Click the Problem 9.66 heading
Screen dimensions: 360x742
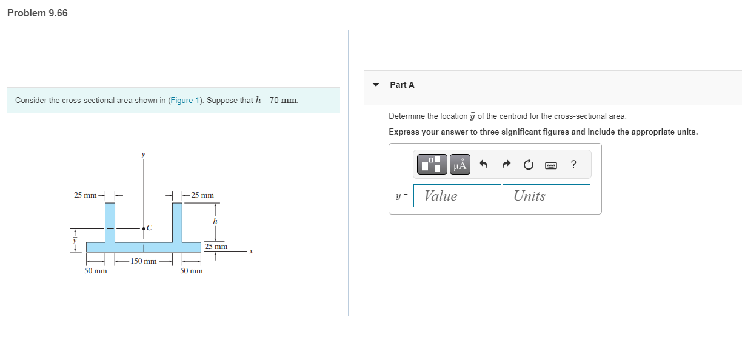point(38,13)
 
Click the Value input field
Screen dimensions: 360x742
point(457,196)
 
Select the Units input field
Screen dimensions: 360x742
point(546,196)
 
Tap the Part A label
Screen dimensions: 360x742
point(402,85)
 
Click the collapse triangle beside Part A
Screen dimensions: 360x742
point(376,85)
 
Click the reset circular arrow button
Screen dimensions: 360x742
point(528,164)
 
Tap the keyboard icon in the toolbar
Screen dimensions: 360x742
point(550,165)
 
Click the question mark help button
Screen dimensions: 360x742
point(573,164)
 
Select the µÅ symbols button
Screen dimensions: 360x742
point(460,164)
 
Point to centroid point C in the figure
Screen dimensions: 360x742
point(144,228)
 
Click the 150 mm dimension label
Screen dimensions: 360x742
point(144,261)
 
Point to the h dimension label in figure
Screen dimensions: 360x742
point(215,221)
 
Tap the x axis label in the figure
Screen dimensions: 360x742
point(250,251)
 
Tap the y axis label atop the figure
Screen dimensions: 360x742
point(144,155)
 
